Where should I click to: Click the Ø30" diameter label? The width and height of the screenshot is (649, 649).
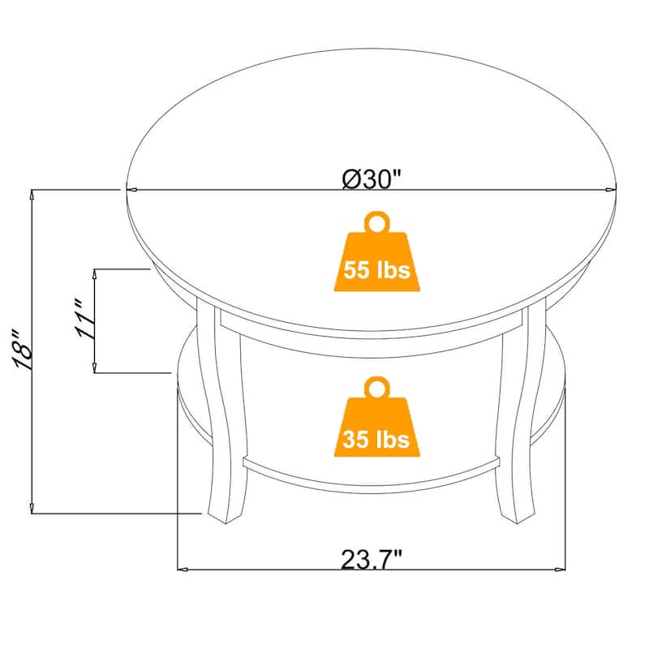point(372,179)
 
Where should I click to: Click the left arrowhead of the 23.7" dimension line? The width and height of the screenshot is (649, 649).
point(183,570)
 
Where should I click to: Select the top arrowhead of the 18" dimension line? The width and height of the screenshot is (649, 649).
point(32,196)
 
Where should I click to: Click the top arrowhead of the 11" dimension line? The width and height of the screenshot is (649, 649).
point(97,274)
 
